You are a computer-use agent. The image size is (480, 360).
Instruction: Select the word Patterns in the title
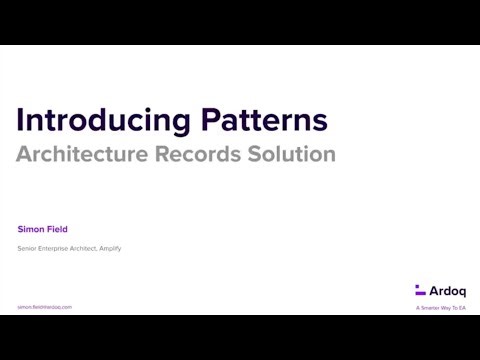(x=264, y=121)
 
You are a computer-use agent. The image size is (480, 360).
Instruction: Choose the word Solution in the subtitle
(x=293, y=155)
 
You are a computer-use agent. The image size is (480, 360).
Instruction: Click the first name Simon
(x=31, y=229)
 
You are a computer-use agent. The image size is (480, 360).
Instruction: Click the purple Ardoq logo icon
(x=420, y=290)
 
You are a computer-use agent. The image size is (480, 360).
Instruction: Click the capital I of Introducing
(x=20, y=121)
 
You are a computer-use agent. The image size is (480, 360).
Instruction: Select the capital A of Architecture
(x=23, y=155)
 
